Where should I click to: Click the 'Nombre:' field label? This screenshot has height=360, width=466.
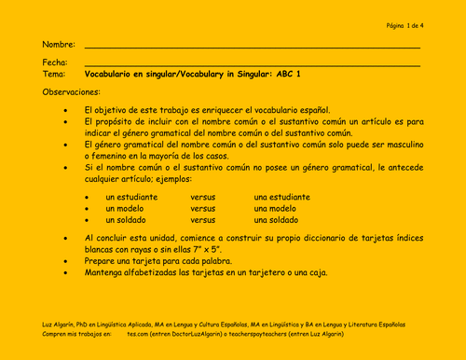(x=58, y=45)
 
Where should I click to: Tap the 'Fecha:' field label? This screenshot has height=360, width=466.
(x=55, y=62)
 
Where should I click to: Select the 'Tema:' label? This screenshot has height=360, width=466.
(x=54, y=73)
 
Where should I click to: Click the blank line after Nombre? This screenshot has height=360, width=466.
(x=252, y=47)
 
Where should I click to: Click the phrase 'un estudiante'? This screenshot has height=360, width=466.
(x=131, y=198)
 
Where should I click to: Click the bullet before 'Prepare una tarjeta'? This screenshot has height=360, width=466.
(x=65, y=263)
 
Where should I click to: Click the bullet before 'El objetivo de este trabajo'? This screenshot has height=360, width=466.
(x=65, y=110)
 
